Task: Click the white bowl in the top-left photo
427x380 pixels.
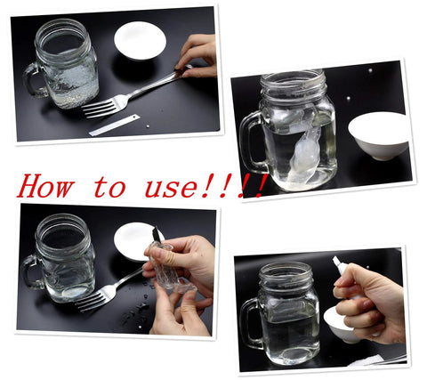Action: click(140, 41)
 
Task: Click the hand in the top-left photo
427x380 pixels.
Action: click(197, 53)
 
